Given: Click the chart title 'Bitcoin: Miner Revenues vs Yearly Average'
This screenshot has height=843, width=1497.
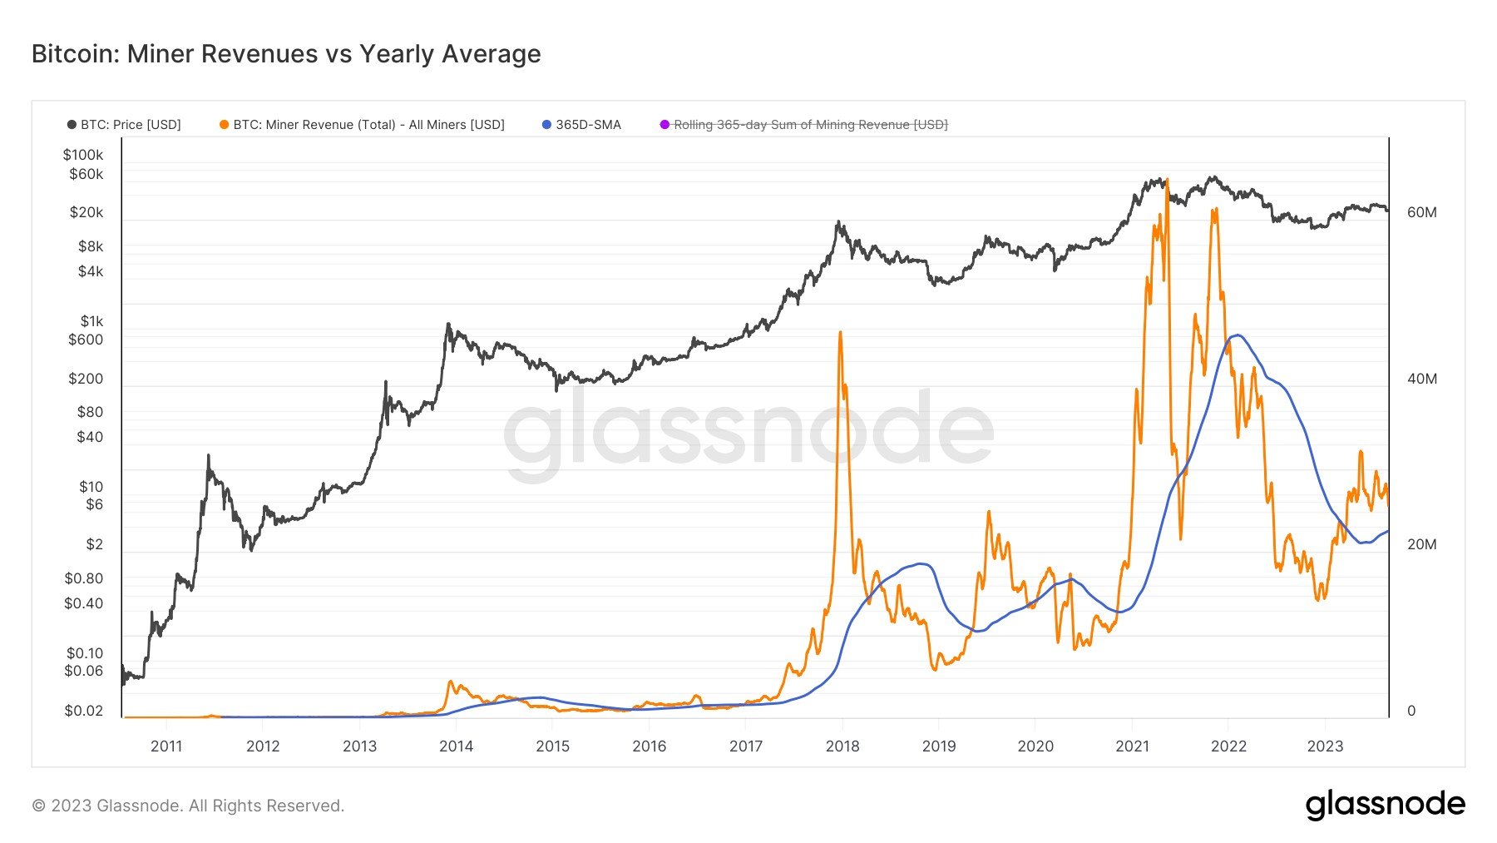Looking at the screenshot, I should point(286,54).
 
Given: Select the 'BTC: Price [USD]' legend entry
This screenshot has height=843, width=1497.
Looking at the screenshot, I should point(124,125).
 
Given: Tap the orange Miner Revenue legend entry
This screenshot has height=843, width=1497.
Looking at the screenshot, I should point(362,125).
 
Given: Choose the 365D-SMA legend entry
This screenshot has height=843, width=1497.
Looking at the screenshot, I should point(581,125).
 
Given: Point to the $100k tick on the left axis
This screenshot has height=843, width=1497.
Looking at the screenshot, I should point(83,155).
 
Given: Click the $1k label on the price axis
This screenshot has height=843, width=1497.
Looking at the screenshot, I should point(91,321).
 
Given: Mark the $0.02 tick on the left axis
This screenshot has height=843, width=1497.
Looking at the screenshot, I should point(83,711).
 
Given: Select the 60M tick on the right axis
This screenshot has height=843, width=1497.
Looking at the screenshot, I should point(1421,212).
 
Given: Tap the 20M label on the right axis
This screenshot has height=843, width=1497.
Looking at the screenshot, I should point(1421,544).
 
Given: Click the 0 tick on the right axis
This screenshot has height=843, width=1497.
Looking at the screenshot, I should point(1411,711).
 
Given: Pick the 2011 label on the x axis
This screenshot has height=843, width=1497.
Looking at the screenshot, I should point(166,746).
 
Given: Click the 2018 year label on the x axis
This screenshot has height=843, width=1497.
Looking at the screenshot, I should point(842,746).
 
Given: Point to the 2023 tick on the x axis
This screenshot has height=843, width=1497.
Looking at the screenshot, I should point(1325,746).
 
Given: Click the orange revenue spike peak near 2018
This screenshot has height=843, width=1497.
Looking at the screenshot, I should point(840,333).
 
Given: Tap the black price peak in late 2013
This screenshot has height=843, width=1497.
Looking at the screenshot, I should point(447,325).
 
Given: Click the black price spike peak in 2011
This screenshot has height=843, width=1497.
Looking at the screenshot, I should point(208,455).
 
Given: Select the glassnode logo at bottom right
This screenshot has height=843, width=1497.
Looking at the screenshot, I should point(1385,805).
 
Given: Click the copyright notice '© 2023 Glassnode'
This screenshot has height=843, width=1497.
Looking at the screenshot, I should point(188,806).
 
